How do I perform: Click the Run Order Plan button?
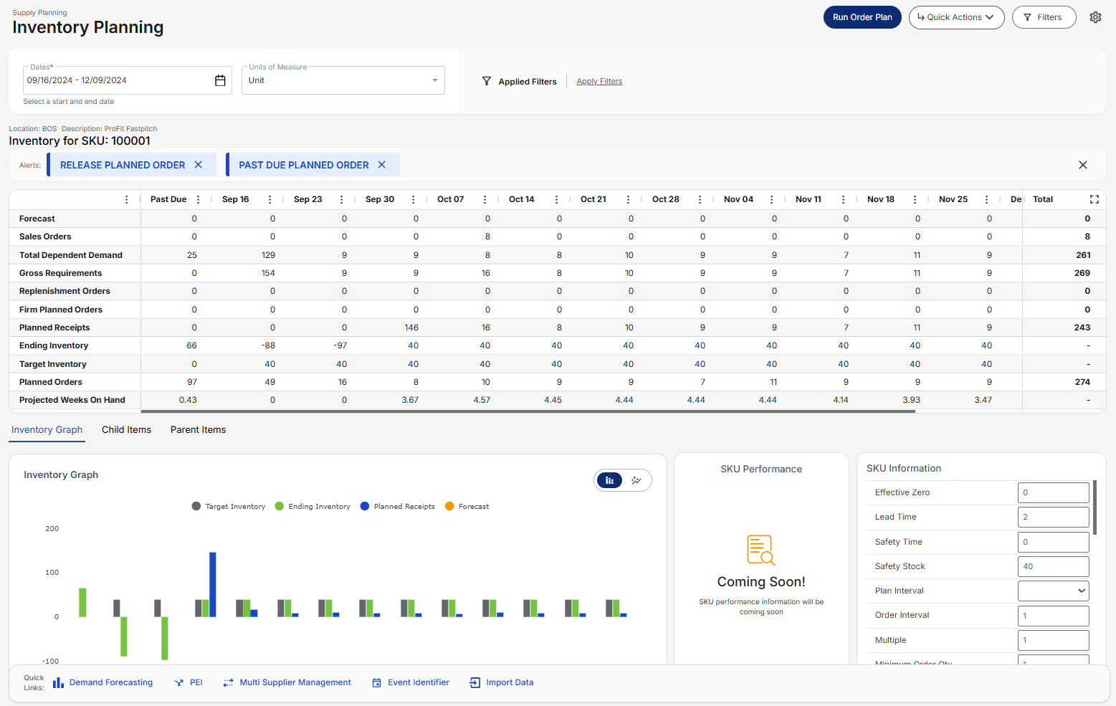pyautogui.click(x=862, y=17)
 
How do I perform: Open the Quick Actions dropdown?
pyautogui.click(x=955, y=17)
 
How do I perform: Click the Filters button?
pyautogui.click(x=1044, y=17)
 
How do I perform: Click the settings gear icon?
pyautogui.click(x=1095, y=17)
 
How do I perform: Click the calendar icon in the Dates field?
pyautogui.click(x=220, y=80)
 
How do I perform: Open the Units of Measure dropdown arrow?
pyautogui.click(x=434, y=80)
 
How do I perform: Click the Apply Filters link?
pyautogui.click(x=599, y=82)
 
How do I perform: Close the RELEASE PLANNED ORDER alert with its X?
pyautogui.click(x=199, y=165)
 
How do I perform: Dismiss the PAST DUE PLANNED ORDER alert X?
pyautogui.click(x=382, y=165)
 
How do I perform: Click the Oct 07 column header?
pyautogui.click(x=450, y=199)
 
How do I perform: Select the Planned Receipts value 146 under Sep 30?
pyautogui.click(x=411, y=328)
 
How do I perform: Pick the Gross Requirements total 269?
pyautogui.click(x=1082, y=273)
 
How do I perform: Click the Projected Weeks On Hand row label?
pyautogui.click(x=72, y=400)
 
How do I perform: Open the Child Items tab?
pyautogui.click(x=126, y=430)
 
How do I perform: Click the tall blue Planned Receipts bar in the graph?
pyautogui.click(x=213, y=583)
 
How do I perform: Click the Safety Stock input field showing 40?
pyautogui.click(x=1052, y=566)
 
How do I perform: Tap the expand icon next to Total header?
pyautogui.click(x=1094, y=199)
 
